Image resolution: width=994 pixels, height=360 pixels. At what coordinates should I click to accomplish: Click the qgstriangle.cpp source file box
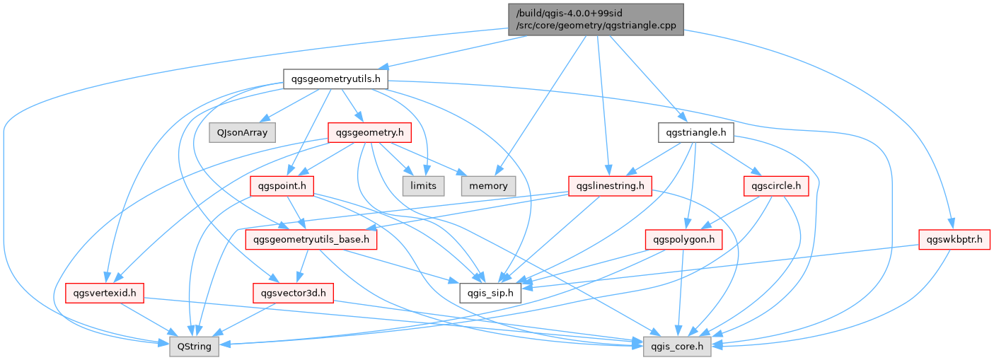pos(596,19)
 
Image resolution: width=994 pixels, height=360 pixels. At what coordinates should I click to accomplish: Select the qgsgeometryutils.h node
pos(336,79)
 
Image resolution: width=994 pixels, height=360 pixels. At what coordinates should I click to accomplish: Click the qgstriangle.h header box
pos(695,132)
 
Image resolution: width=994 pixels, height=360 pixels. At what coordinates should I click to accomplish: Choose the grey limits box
pos(423,185)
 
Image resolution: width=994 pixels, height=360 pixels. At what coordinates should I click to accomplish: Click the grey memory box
pos(488,185)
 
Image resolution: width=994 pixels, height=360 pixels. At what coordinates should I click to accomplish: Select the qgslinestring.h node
pos(611,186)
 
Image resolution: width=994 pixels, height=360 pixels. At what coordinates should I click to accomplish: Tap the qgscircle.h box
pos(776,186)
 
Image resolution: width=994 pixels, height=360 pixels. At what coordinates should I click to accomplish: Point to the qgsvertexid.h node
pos(105,292)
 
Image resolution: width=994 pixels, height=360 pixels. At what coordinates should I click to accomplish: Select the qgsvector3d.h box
pos(293,292)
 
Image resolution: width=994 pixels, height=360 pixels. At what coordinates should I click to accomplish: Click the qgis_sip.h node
pos(490,292)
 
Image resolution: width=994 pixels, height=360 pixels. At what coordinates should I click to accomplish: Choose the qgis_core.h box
pos(676,347)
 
